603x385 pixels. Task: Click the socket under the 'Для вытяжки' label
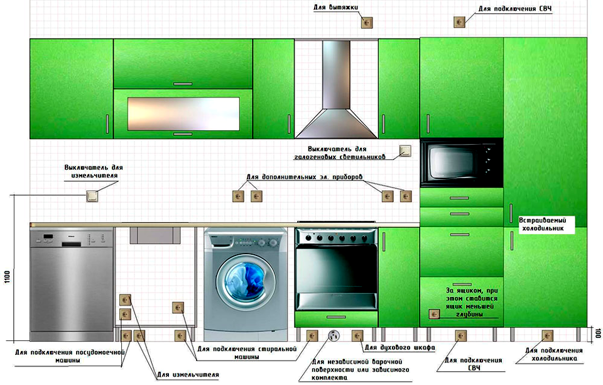366,23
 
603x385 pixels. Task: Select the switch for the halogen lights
405,151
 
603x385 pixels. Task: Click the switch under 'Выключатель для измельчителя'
93,196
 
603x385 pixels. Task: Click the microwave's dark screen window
450,162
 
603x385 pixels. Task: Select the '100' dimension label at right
597,334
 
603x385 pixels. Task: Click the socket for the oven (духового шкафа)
357,336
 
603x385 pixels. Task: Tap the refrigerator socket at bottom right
546,336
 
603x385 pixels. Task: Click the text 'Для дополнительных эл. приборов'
304,177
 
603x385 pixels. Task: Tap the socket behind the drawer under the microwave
433,314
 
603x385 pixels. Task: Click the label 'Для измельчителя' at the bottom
187,375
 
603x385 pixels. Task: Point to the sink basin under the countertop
156,235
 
